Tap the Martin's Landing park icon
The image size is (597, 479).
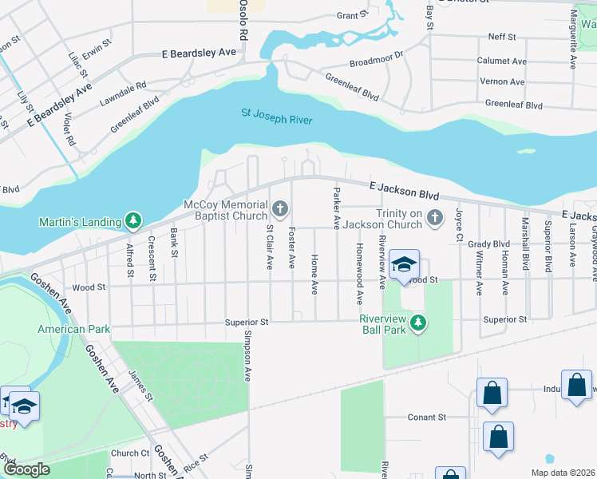(133, 220)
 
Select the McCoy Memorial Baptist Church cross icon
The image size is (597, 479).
(279, 209)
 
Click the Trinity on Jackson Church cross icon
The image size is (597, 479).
(435, 217)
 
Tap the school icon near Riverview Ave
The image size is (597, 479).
(405, 264)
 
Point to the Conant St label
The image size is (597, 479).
(426, 417)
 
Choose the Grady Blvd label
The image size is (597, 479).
(488, 244)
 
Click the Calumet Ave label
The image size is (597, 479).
(502, 61)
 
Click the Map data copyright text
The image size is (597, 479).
(563, 473)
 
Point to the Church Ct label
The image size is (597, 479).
(130, 453)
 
